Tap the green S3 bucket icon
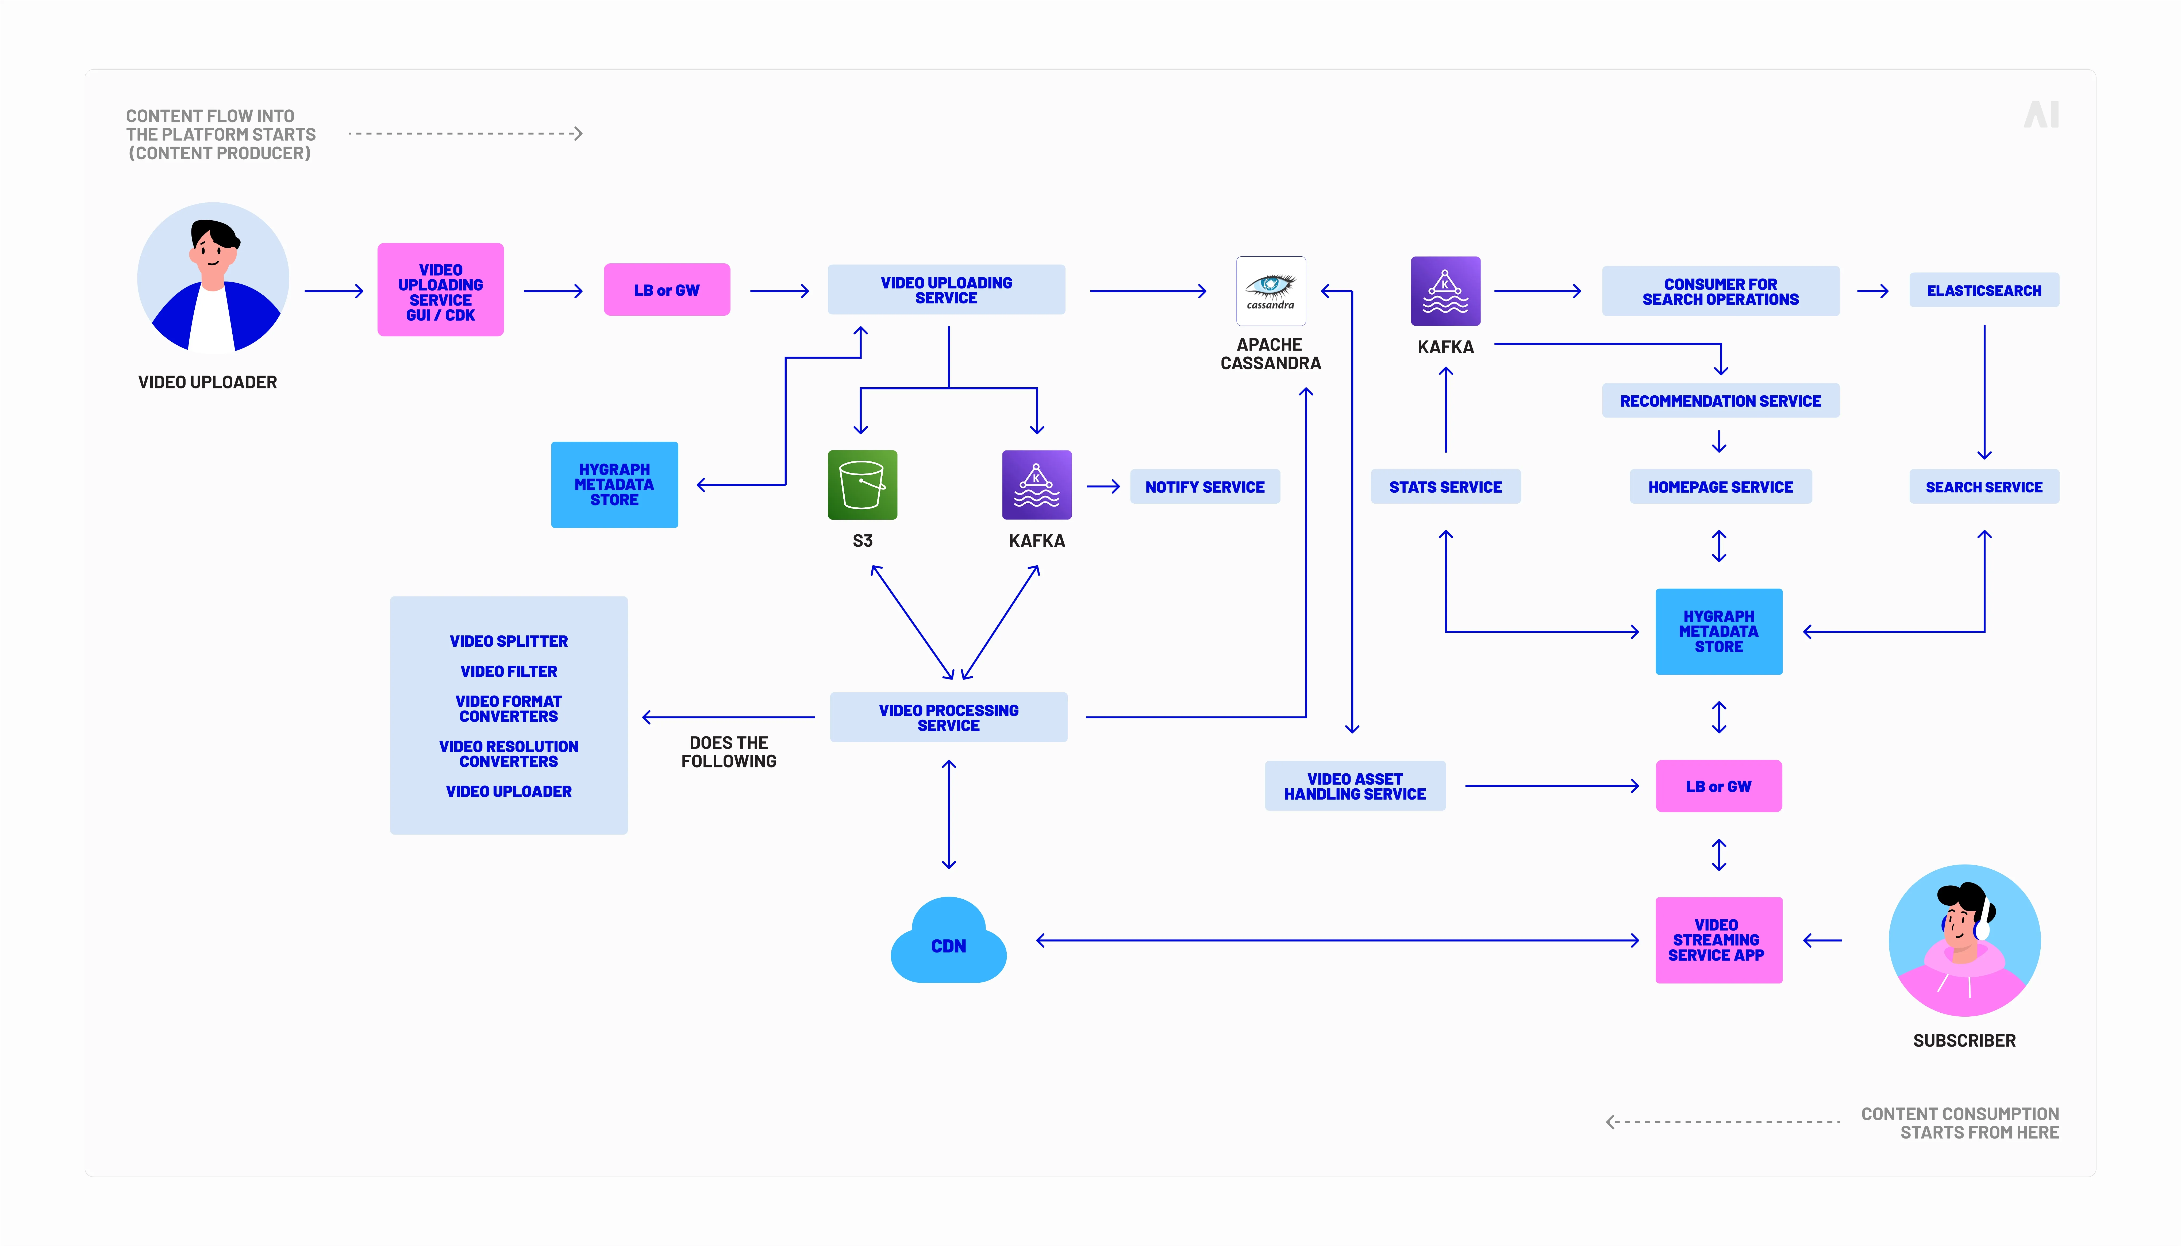(862, 485)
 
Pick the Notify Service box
(1204, 487)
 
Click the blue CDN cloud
(948, 943)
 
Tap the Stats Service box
(1445, 487)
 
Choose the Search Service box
(1983, 487)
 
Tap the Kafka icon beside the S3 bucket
(1037, 485)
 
